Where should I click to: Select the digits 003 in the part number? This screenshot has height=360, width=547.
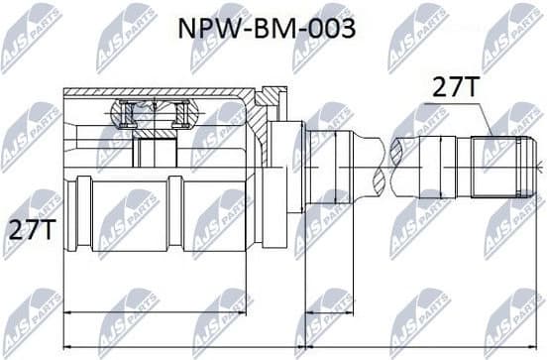(331, 28)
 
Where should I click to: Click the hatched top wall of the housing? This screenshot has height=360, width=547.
(159, 93)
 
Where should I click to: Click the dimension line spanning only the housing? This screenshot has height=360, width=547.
(155, 314)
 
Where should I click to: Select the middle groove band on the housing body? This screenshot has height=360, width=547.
(175, 213)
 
